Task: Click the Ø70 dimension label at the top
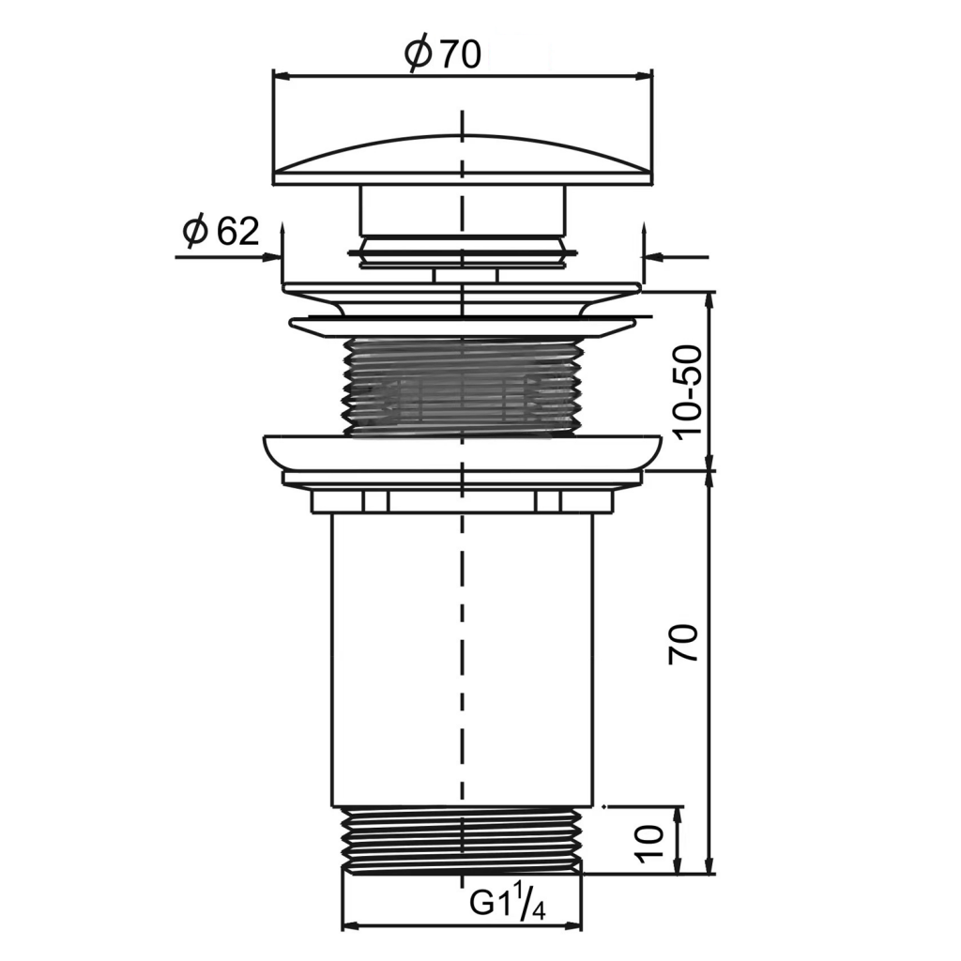443,55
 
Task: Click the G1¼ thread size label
507,904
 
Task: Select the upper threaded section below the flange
462,385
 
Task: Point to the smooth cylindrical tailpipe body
462,657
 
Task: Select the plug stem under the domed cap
462,211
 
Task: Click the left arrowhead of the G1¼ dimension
348,926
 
